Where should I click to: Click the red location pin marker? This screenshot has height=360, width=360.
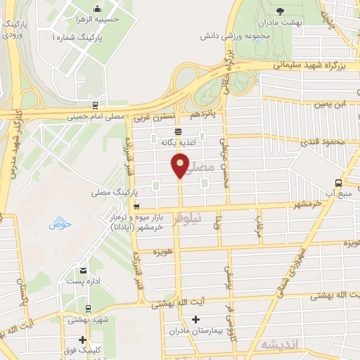[x=181, y=166]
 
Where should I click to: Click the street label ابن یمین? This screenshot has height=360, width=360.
[x=332, y=104]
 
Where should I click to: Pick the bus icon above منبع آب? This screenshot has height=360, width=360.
[x=338, y=181]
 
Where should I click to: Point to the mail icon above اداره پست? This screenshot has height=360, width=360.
[x=84, y=271]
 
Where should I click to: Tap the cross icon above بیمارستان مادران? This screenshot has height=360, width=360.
[x=196, y=320]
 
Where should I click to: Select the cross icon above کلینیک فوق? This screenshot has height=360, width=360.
[x=83, y=340]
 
